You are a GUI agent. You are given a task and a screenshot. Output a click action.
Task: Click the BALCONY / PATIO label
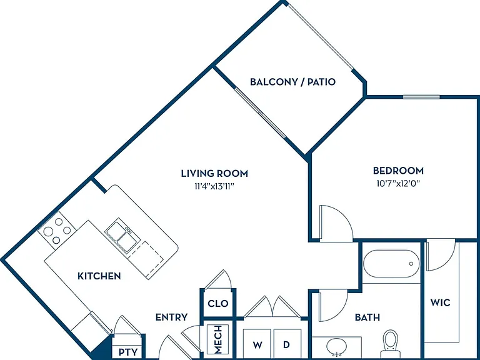[292, 82]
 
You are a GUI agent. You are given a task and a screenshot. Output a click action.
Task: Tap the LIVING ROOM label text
[214, 173]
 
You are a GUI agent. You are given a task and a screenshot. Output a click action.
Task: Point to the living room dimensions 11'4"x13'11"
[214, 186]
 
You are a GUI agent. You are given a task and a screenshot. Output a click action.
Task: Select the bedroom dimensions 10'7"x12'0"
[398, 183]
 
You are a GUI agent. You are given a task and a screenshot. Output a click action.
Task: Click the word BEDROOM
[398, 170]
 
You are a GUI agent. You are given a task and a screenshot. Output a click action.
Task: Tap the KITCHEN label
[99, 276]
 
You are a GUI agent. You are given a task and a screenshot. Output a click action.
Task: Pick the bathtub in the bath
[391, 264]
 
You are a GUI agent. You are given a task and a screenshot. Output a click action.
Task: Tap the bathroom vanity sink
[337, 347]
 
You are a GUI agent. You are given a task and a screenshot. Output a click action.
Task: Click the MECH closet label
[218, 339]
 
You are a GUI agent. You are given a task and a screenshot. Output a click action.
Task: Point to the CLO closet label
[218, 303]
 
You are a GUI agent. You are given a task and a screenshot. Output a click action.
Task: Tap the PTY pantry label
[128, 352]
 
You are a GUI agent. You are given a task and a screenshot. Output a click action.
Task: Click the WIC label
[440, 302]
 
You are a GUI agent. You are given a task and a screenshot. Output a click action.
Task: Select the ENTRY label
[171, 317]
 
